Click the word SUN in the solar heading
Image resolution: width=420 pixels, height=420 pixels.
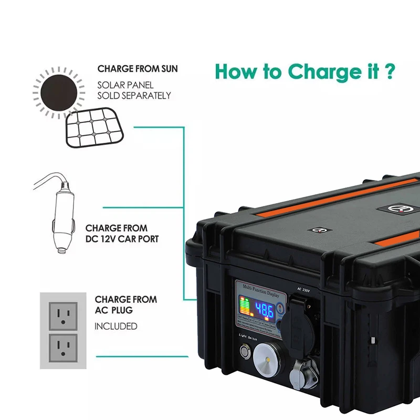pos(166,69)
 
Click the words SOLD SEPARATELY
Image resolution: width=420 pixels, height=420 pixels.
pos(134,96)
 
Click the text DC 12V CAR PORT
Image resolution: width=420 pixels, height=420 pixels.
pos(122,239)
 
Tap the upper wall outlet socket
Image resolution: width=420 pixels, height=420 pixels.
pos(63,316)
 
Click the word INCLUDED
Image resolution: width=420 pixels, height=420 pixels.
pos(116,327)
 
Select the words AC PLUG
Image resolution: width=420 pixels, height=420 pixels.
pos(114,310)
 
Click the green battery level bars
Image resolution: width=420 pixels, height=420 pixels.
pos(245,306)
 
